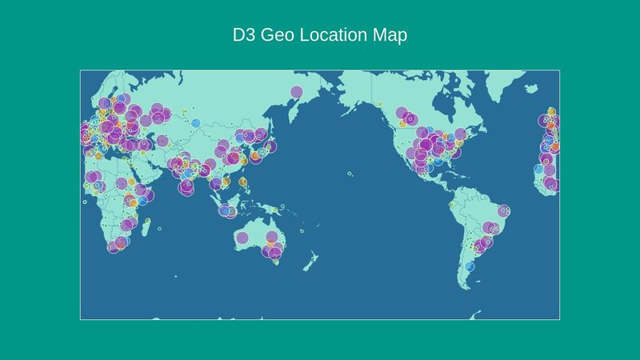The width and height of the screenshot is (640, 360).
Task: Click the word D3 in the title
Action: pos(240,36)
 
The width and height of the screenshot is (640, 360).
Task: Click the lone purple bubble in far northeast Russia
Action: pos(296,92)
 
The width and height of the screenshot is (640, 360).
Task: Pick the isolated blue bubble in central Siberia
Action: pos(195,122)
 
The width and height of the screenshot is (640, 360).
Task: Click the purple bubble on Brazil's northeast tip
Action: pos(503,211)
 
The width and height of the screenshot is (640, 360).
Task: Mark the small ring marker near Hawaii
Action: pos(350,174)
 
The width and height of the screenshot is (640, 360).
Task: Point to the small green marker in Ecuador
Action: pos(451,204)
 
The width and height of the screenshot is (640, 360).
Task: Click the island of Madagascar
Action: pos(146,226)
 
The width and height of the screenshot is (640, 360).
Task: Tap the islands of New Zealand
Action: pos(307,260)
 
